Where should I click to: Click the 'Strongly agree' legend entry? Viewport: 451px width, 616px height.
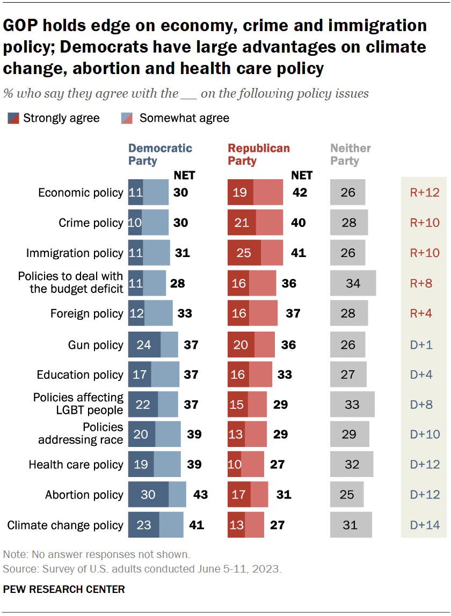(x=54, y=118)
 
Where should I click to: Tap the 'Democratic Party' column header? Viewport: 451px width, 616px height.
(x=160, y=154)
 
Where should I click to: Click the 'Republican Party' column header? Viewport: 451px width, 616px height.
(x=259, y=154)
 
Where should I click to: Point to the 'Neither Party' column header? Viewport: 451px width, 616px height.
(x=351, y=154)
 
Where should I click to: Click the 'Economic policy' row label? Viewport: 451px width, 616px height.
(x=81, y=193)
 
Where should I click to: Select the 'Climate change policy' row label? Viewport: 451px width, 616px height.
(x=65, y=525)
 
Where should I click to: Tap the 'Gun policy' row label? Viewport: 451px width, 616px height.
(x=96, y=345)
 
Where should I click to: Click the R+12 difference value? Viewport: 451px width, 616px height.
(x=425, y=193)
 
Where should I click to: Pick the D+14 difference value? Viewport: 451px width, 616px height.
(x=425, y=525)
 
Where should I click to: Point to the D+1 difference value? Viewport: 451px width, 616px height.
(x=425, y=345)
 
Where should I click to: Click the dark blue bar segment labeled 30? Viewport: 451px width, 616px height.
(x=148, y=494)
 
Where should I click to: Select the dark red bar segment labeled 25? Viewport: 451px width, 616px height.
(x=244, y=253)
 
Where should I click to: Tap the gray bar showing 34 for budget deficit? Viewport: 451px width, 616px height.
(x=353, y=283)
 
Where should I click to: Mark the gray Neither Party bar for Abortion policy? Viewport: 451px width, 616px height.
(x=347, y=494)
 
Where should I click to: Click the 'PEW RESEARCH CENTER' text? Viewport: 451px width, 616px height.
(x=64, y=589)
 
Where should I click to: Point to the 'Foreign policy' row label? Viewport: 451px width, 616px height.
(x=86, y=313)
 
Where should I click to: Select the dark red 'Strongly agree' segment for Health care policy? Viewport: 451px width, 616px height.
(x=235, y=465)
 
